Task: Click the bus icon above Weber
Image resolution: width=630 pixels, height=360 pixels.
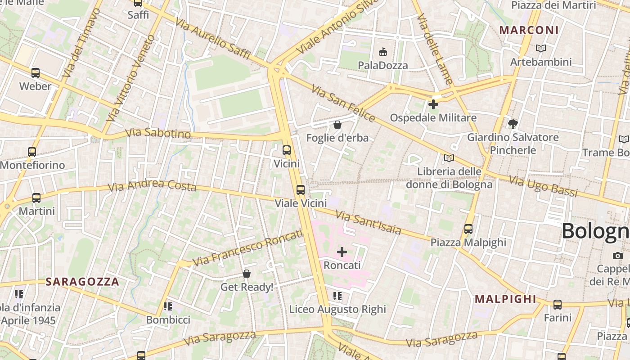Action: tap(36, 72)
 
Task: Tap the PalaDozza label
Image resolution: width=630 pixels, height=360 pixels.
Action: tap(383, 65)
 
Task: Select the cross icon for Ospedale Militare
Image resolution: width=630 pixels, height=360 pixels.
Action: tap(433, 104)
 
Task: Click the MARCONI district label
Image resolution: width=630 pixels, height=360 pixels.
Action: tap(529, 30)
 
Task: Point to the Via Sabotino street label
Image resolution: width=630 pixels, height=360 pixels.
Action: tap(158, 133)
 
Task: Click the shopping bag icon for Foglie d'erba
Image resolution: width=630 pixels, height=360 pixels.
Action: tap(337, 125)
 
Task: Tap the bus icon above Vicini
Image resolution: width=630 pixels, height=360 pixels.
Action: tap(287, 150)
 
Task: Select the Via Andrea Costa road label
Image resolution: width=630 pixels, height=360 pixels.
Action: tap(153, 185)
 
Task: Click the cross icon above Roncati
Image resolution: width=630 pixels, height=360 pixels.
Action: tap(342, 252)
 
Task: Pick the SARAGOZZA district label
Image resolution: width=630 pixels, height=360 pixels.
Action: tap(83, 282)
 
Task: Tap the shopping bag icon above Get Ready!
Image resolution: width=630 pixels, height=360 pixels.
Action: tap(247, 274)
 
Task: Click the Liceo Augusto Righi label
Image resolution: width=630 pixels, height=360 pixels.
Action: tap(337, 309)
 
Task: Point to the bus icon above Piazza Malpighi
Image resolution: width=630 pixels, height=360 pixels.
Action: tap(468, 229)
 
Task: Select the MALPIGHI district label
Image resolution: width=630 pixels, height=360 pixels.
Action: tap(506, 299)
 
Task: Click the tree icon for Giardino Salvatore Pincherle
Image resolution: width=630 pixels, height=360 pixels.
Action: tap(513, 124)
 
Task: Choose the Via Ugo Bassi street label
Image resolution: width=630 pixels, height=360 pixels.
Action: tap(543, 186)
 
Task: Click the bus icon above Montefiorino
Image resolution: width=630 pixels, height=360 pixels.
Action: tap(32, 152)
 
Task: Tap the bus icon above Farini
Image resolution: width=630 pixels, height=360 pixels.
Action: tap(558, 305)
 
